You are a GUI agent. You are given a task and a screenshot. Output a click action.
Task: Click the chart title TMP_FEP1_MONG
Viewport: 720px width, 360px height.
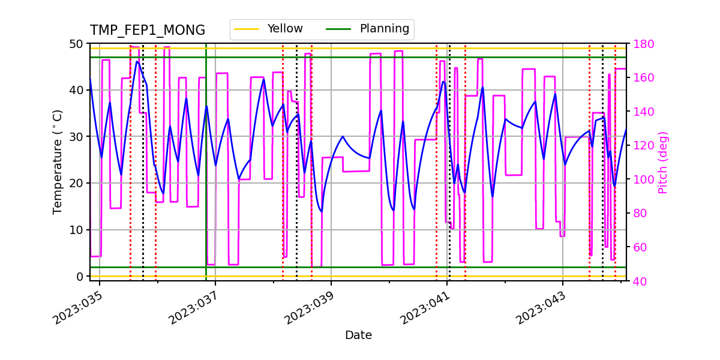(147, 31)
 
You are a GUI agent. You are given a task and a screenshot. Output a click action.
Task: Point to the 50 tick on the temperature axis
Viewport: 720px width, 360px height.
(77, 44)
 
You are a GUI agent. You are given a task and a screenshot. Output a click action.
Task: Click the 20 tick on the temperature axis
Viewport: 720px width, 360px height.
(77, 184)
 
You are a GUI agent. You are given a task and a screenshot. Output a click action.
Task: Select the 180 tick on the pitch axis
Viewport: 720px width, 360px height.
(642, 44)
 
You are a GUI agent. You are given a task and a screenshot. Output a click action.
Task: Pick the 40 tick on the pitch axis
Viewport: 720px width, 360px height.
(640, 281)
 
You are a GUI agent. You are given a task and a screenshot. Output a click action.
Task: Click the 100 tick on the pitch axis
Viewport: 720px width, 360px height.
(642, 179)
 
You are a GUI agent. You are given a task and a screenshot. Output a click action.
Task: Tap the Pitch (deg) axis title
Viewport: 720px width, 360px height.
(663, 162)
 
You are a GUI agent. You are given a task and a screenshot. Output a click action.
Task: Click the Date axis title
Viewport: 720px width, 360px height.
(358, 335)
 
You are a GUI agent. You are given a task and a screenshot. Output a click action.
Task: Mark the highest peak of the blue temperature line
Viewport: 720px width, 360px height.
(137, 61)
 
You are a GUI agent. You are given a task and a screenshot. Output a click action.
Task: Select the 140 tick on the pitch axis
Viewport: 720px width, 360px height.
(642, 112)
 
